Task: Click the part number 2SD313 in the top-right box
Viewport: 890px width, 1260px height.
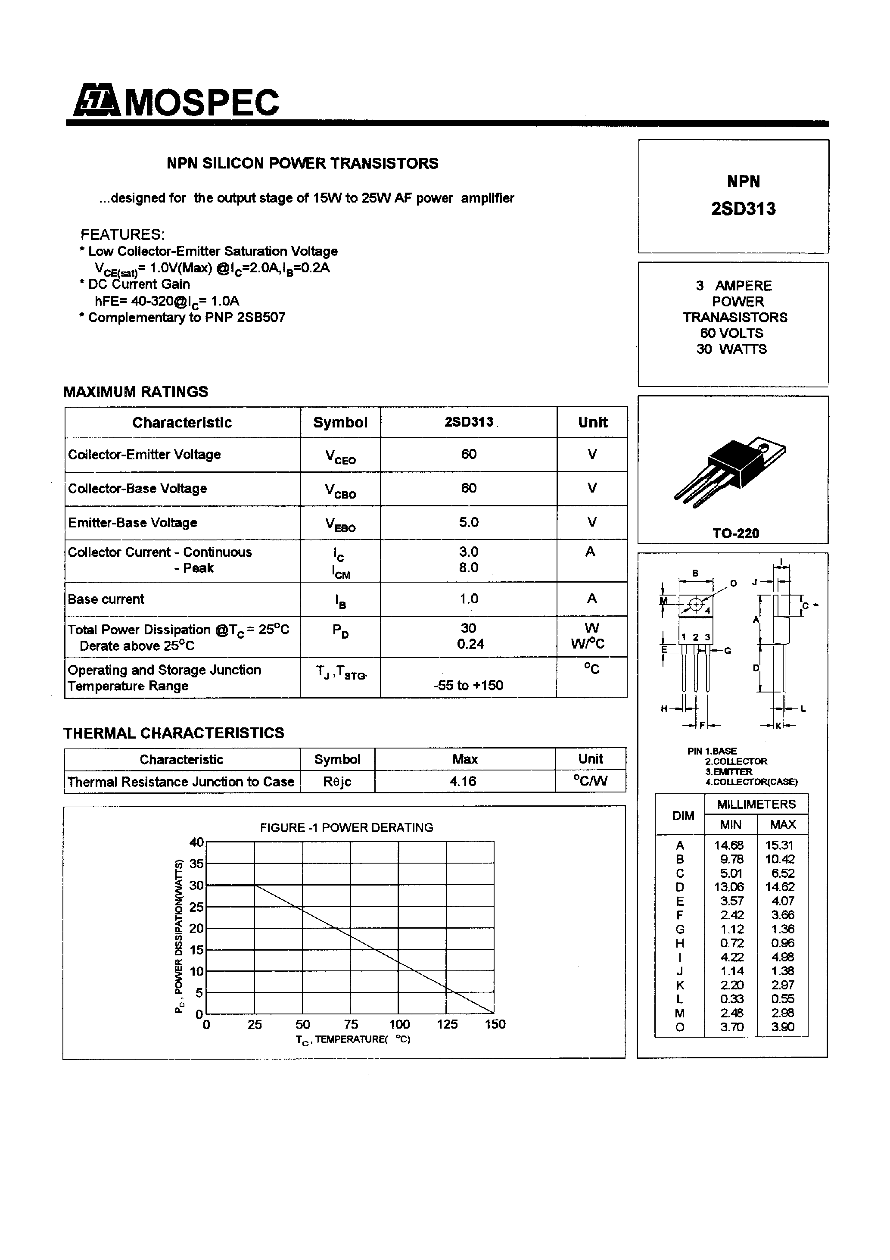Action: pyautogui.click(x=743, y=209)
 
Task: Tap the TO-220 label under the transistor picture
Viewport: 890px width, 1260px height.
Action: pyautogui.click(x=735, y=533)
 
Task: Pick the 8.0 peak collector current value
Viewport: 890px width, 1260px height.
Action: pyautogui.click(x=469, y=568)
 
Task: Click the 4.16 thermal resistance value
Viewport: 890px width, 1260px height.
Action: pyautogui.click(x=463, y=781)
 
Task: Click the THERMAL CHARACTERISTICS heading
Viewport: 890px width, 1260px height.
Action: pyautogui.click(x=174, y=733)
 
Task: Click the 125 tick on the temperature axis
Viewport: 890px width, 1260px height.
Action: pyautogui.click(x=447, y=1024)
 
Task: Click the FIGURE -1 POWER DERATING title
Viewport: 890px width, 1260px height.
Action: pyautogui.click(x=346, y=827)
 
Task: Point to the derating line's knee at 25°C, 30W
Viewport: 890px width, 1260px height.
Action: pyautogui.click(x=255, y=885)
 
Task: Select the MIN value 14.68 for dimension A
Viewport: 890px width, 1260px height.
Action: pyautogui.click(x=729, y=845)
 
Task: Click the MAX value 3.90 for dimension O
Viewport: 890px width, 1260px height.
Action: pyautogui.click(x=782, y=1027)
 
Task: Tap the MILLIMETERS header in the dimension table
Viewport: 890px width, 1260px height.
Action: pyautogui.click(x=756, y=804)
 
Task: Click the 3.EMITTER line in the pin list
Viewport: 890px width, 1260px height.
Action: pyautogui.click(x=729, y=772)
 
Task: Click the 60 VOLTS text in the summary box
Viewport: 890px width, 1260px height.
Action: pyautogui.click(x=731, y=333)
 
